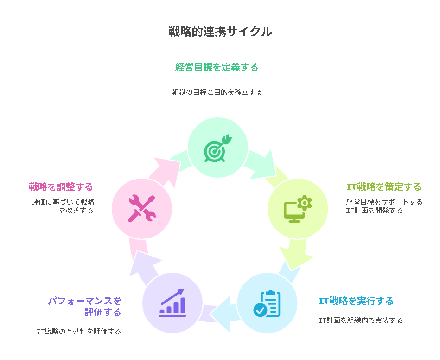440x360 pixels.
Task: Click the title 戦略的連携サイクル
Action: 220,32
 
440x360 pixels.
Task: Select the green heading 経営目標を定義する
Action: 217,67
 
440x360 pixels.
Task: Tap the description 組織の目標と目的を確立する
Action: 217,92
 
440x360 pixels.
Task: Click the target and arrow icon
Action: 217,148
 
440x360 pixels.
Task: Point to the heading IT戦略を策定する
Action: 384,187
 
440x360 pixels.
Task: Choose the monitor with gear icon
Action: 298,209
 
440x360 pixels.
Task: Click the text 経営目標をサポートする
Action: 384,202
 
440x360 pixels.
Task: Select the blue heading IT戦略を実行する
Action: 356,301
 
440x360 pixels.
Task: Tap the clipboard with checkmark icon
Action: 267,303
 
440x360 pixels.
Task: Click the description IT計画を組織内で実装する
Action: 360,320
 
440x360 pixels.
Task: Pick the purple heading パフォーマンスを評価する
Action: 85,306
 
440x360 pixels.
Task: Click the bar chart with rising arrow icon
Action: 172,303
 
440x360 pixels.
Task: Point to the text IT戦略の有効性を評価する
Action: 79,331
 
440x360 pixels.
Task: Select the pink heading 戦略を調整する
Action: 61,187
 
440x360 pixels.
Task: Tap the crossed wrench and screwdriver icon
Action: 141,209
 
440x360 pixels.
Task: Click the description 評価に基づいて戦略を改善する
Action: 63,206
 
